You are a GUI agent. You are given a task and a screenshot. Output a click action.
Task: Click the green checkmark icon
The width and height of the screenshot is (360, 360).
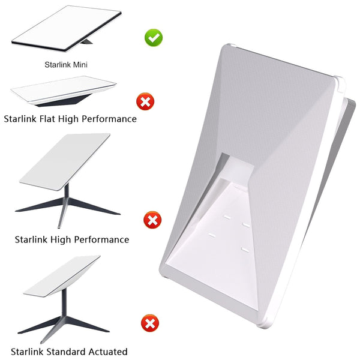point(154,38)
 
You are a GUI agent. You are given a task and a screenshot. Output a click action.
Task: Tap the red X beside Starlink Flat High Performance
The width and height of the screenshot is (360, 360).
point(145,101)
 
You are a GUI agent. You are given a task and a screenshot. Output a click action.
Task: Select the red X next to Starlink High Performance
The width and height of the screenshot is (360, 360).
point(152,220)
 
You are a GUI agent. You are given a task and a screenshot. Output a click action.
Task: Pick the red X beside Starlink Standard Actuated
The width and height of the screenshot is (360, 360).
point(150,323)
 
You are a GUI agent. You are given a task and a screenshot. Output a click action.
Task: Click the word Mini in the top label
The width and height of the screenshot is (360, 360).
point(80,65)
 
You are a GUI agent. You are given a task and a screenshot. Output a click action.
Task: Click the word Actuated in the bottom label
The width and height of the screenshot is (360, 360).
point(108,352)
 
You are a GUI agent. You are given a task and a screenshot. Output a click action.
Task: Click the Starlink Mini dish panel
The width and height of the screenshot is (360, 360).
point(67,28)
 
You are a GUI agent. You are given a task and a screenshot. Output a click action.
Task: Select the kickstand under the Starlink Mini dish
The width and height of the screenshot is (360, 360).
point(86,41)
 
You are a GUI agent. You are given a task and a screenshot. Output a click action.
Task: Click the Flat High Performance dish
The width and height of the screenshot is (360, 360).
point(64,91)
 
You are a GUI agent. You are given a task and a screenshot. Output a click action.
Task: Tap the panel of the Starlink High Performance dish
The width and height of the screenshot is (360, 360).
point(65,161)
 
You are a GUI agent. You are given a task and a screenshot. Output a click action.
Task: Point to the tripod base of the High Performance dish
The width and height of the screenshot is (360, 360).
point(67,205)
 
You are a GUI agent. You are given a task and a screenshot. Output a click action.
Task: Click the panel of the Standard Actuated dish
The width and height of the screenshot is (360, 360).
point(62,276)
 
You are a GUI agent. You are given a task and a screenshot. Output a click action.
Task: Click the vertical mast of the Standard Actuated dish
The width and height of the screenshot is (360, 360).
point(64,302)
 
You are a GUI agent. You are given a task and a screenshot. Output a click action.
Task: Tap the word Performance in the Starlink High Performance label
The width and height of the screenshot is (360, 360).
point(101,239)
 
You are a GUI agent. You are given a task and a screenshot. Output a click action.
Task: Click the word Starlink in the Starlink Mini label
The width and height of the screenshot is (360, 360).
point(58,65)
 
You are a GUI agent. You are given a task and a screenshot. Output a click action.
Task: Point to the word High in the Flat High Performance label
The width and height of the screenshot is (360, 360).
point(68,119)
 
